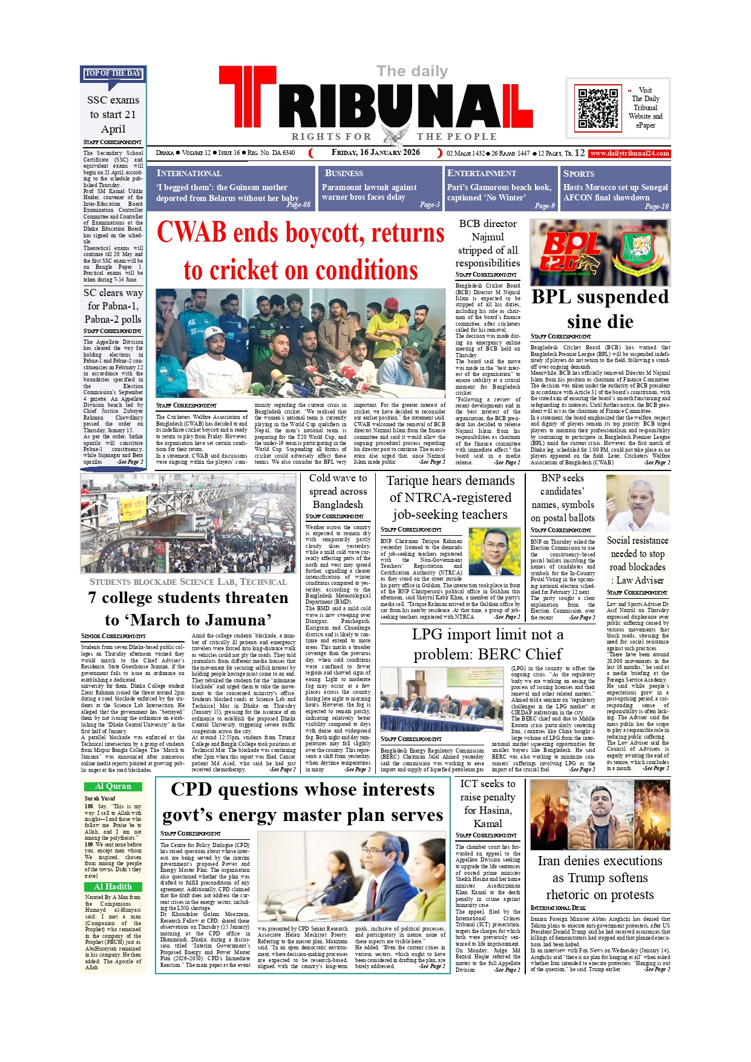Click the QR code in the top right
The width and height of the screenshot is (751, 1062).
click(598, 108)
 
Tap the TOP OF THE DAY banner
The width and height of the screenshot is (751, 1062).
click(113, 73)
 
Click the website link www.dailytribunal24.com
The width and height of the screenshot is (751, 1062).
click(629, 153)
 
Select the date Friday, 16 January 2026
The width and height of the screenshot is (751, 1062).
click(375, 153)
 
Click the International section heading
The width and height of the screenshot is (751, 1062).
click(189, 173)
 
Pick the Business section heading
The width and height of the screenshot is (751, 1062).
click(344, 173)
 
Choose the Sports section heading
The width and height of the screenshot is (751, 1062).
click(579, 173)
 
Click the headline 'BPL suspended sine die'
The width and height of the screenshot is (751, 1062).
click(600, 309)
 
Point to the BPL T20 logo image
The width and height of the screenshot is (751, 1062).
click(600, 252)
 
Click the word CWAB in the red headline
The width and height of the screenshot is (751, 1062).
click(192, 233)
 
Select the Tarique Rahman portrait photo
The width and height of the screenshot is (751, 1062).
click(494, 552)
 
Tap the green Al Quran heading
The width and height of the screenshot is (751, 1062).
click(113, 787)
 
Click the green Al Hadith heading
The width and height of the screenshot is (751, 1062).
click(113, 886)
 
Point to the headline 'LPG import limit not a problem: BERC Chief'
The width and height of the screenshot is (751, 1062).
click(487, 644)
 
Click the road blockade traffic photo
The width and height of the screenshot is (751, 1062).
click(188, 524)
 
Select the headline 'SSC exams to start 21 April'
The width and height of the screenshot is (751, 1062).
click(113, 114)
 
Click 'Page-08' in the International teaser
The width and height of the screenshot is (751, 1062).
click(298, 205)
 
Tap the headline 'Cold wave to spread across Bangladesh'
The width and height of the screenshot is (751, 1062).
click(338, 491)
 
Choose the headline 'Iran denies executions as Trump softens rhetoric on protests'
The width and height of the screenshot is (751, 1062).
click(600, 877)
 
